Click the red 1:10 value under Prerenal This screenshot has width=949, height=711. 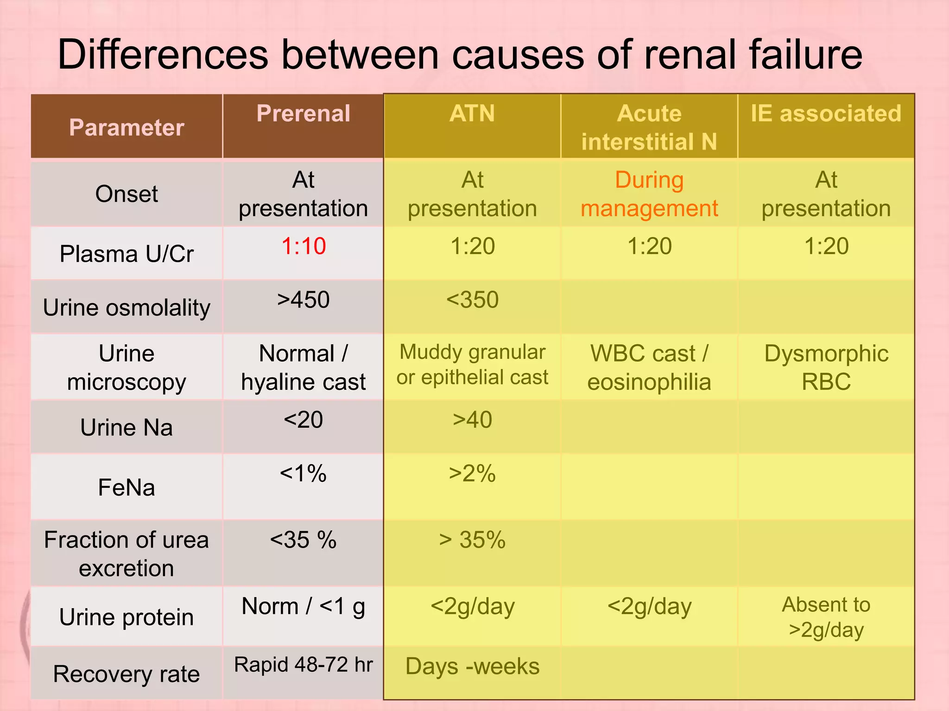(304, 246)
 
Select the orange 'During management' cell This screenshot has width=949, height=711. (649, 194)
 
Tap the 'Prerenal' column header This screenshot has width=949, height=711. (304, 114)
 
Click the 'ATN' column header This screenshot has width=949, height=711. (472, 114)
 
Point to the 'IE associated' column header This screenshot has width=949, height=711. (826, 114)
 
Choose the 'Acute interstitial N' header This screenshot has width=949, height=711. (649, 127)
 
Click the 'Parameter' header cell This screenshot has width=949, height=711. (127, 127)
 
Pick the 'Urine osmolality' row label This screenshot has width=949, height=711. (127, 308)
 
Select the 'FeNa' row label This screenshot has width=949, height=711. (127, 487)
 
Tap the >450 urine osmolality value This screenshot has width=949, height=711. (304, 300)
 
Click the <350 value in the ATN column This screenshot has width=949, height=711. (472, 300)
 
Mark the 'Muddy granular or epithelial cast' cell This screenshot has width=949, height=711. (472, 365)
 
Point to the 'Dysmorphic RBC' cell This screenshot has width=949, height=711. (826, 368)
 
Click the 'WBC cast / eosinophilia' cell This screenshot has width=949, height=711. (649, 368)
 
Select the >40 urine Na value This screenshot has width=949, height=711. (472, 420)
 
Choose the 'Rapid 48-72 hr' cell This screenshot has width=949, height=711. (304, 665)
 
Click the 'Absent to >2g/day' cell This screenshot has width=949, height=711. (826, 617)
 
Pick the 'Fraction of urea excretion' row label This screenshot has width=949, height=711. (127, 554)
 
